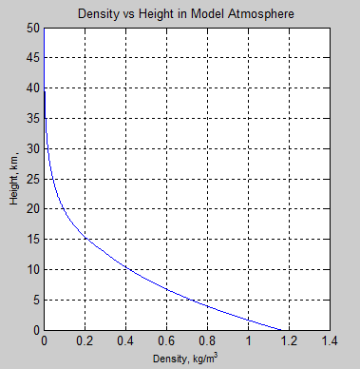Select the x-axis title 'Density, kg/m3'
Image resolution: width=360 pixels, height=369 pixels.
[x=186, y=359]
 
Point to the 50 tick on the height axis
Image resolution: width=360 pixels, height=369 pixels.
[x=34, y=29]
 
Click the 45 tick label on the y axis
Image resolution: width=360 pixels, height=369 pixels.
[x=34, y=59]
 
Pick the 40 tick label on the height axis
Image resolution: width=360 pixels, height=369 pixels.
[x=34, y=89]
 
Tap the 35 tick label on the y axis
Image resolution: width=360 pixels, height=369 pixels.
[x=34, y=119]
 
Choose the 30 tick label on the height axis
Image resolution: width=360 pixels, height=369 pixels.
[x=34, y=149]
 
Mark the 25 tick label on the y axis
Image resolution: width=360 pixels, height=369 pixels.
[x=34, y=180]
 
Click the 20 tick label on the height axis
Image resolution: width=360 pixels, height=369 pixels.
[x=34, y=209]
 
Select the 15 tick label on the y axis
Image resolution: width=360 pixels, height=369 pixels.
[x=34, y=240]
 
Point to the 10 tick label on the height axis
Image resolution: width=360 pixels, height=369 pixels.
[x=34, y=270]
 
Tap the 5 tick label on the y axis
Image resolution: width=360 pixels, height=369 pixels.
[x=37, y=301]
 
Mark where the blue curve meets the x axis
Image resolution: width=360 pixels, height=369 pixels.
[x=282, y=330]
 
